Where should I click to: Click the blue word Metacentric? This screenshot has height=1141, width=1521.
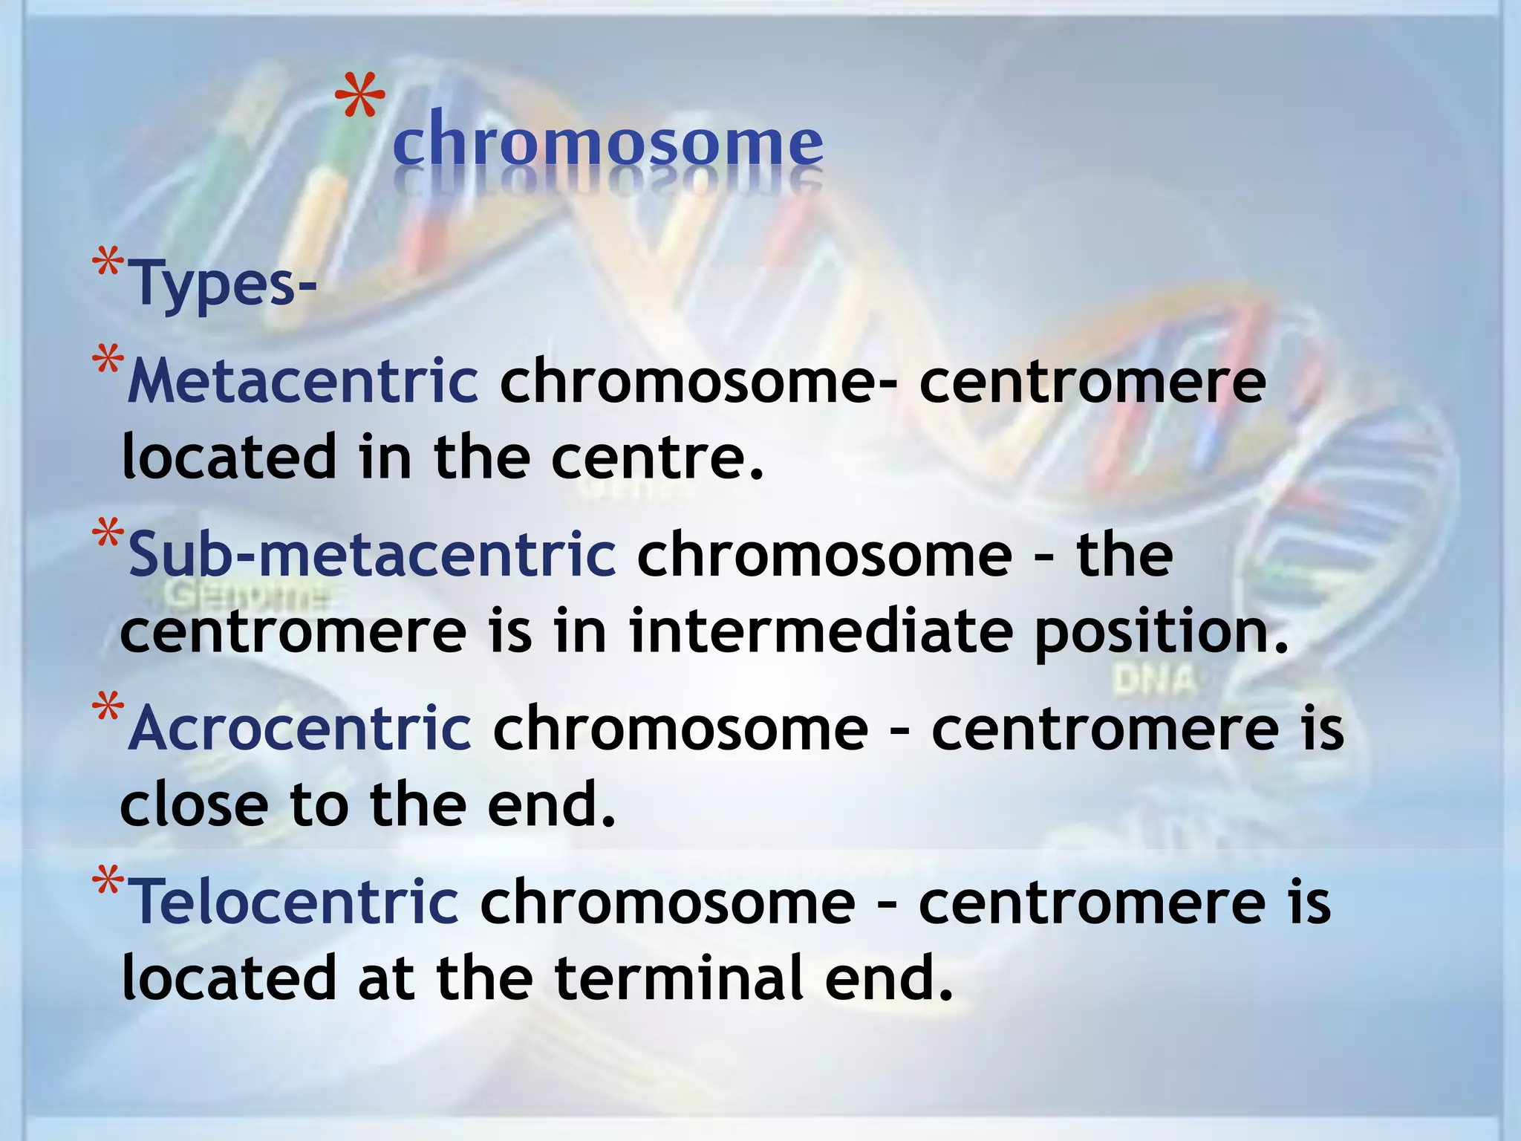303,381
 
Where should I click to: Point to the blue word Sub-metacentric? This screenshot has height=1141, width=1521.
371,555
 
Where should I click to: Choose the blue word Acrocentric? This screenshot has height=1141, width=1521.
299,728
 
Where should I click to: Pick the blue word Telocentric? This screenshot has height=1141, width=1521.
293,901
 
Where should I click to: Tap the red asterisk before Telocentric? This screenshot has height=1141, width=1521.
108,884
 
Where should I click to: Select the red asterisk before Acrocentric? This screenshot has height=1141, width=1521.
108,710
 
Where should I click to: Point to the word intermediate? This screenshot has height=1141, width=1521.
821,631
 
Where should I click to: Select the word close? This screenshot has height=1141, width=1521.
195,805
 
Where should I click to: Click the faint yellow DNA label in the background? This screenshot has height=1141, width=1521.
1154,680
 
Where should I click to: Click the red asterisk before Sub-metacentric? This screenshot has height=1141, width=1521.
108,536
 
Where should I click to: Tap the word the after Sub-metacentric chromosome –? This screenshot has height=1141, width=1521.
1125,555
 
